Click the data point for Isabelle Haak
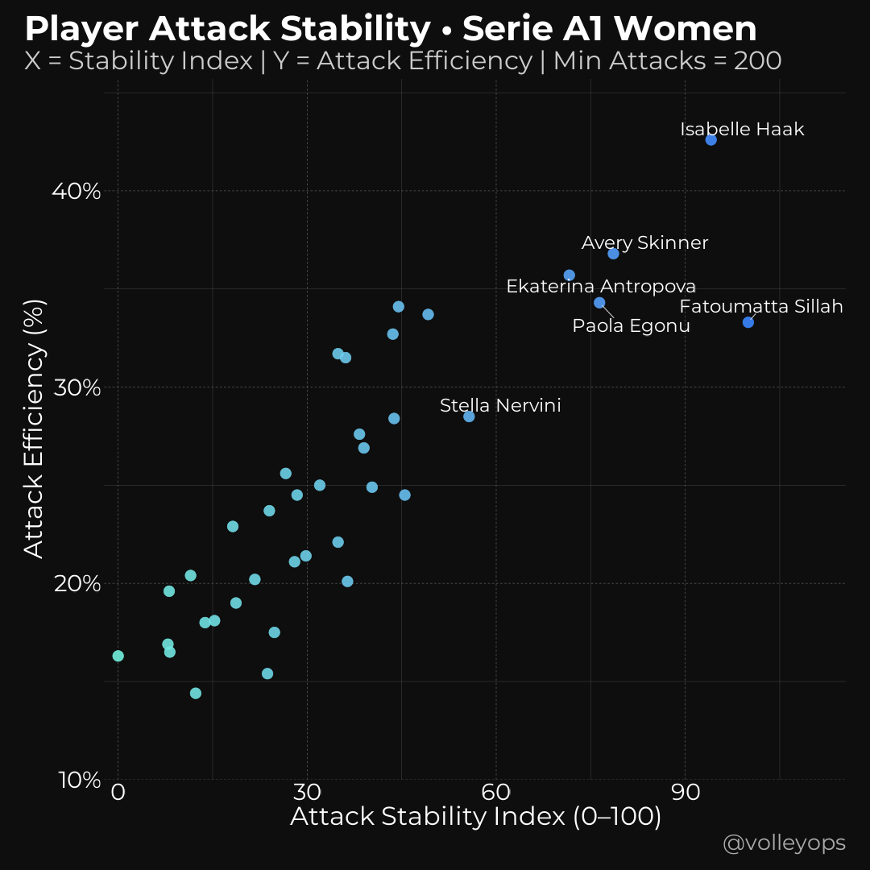(x=710, y=139)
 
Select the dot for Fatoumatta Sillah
(x=748, y=322)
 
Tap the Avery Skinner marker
(x=613, y=254)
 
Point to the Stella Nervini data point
(x=469, y=416)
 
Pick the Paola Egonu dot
(x=599, y=303)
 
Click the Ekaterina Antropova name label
(x=600, y=286)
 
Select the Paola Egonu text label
(x=631, y=326)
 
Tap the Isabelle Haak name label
(x=742, y=129)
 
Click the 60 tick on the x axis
(x=496, y=792)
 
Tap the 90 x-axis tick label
(x=685, y=792)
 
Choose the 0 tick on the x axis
(x=118, y=792)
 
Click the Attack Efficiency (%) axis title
(x=33, y=429)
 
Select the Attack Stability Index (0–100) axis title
(x=475, y=817)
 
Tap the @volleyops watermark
(x=784, y=843)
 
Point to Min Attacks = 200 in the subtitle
(x=667, y=60)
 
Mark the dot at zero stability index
(x=118, y=656)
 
